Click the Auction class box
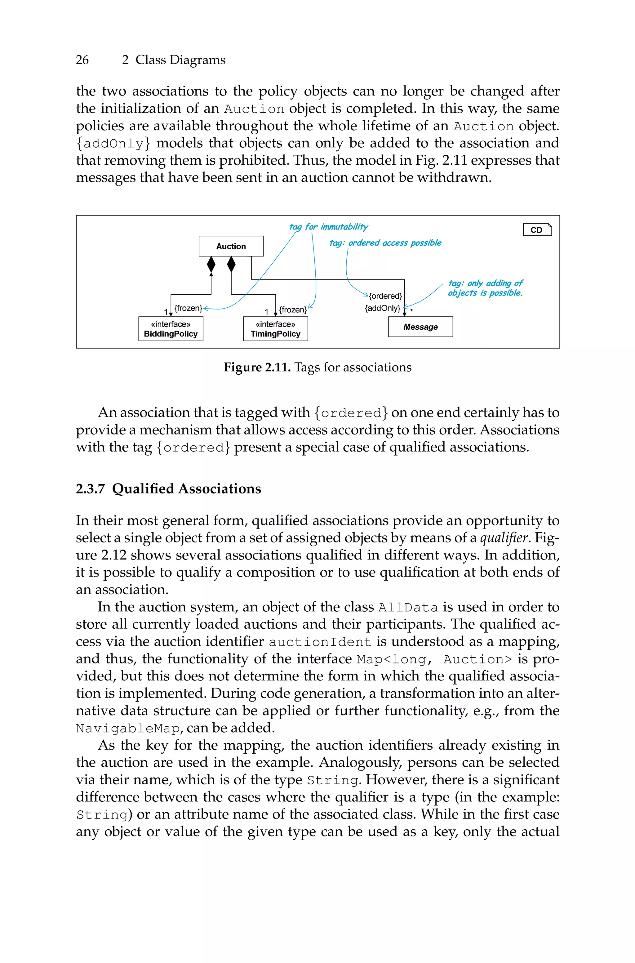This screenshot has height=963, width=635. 231,246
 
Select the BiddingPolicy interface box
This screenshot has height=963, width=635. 171,329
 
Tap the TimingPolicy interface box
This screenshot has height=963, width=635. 275,329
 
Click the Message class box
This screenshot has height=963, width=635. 420,327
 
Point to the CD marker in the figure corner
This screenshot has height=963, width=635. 537,230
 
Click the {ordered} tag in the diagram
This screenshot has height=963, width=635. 385,296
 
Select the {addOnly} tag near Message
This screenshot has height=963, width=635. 382,308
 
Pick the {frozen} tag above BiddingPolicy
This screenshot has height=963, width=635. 188,308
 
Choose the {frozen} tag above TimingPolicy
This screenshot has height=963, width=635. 293,310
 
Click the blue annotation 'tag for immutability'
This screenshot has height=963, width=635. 328,227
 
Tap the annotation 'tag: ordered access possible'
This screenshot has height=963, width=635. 385,243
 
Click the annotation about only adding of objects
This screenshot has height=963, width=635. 485,288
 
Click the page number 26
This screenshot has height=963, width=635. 82,60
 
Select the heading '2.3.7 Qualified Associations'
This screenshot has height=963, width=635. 168,489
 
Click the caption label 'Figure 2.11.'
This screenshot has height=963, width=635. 257,367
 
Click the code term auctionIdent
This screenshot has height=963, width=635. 320,642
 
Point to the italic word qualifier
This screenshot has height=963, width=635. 504,538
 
